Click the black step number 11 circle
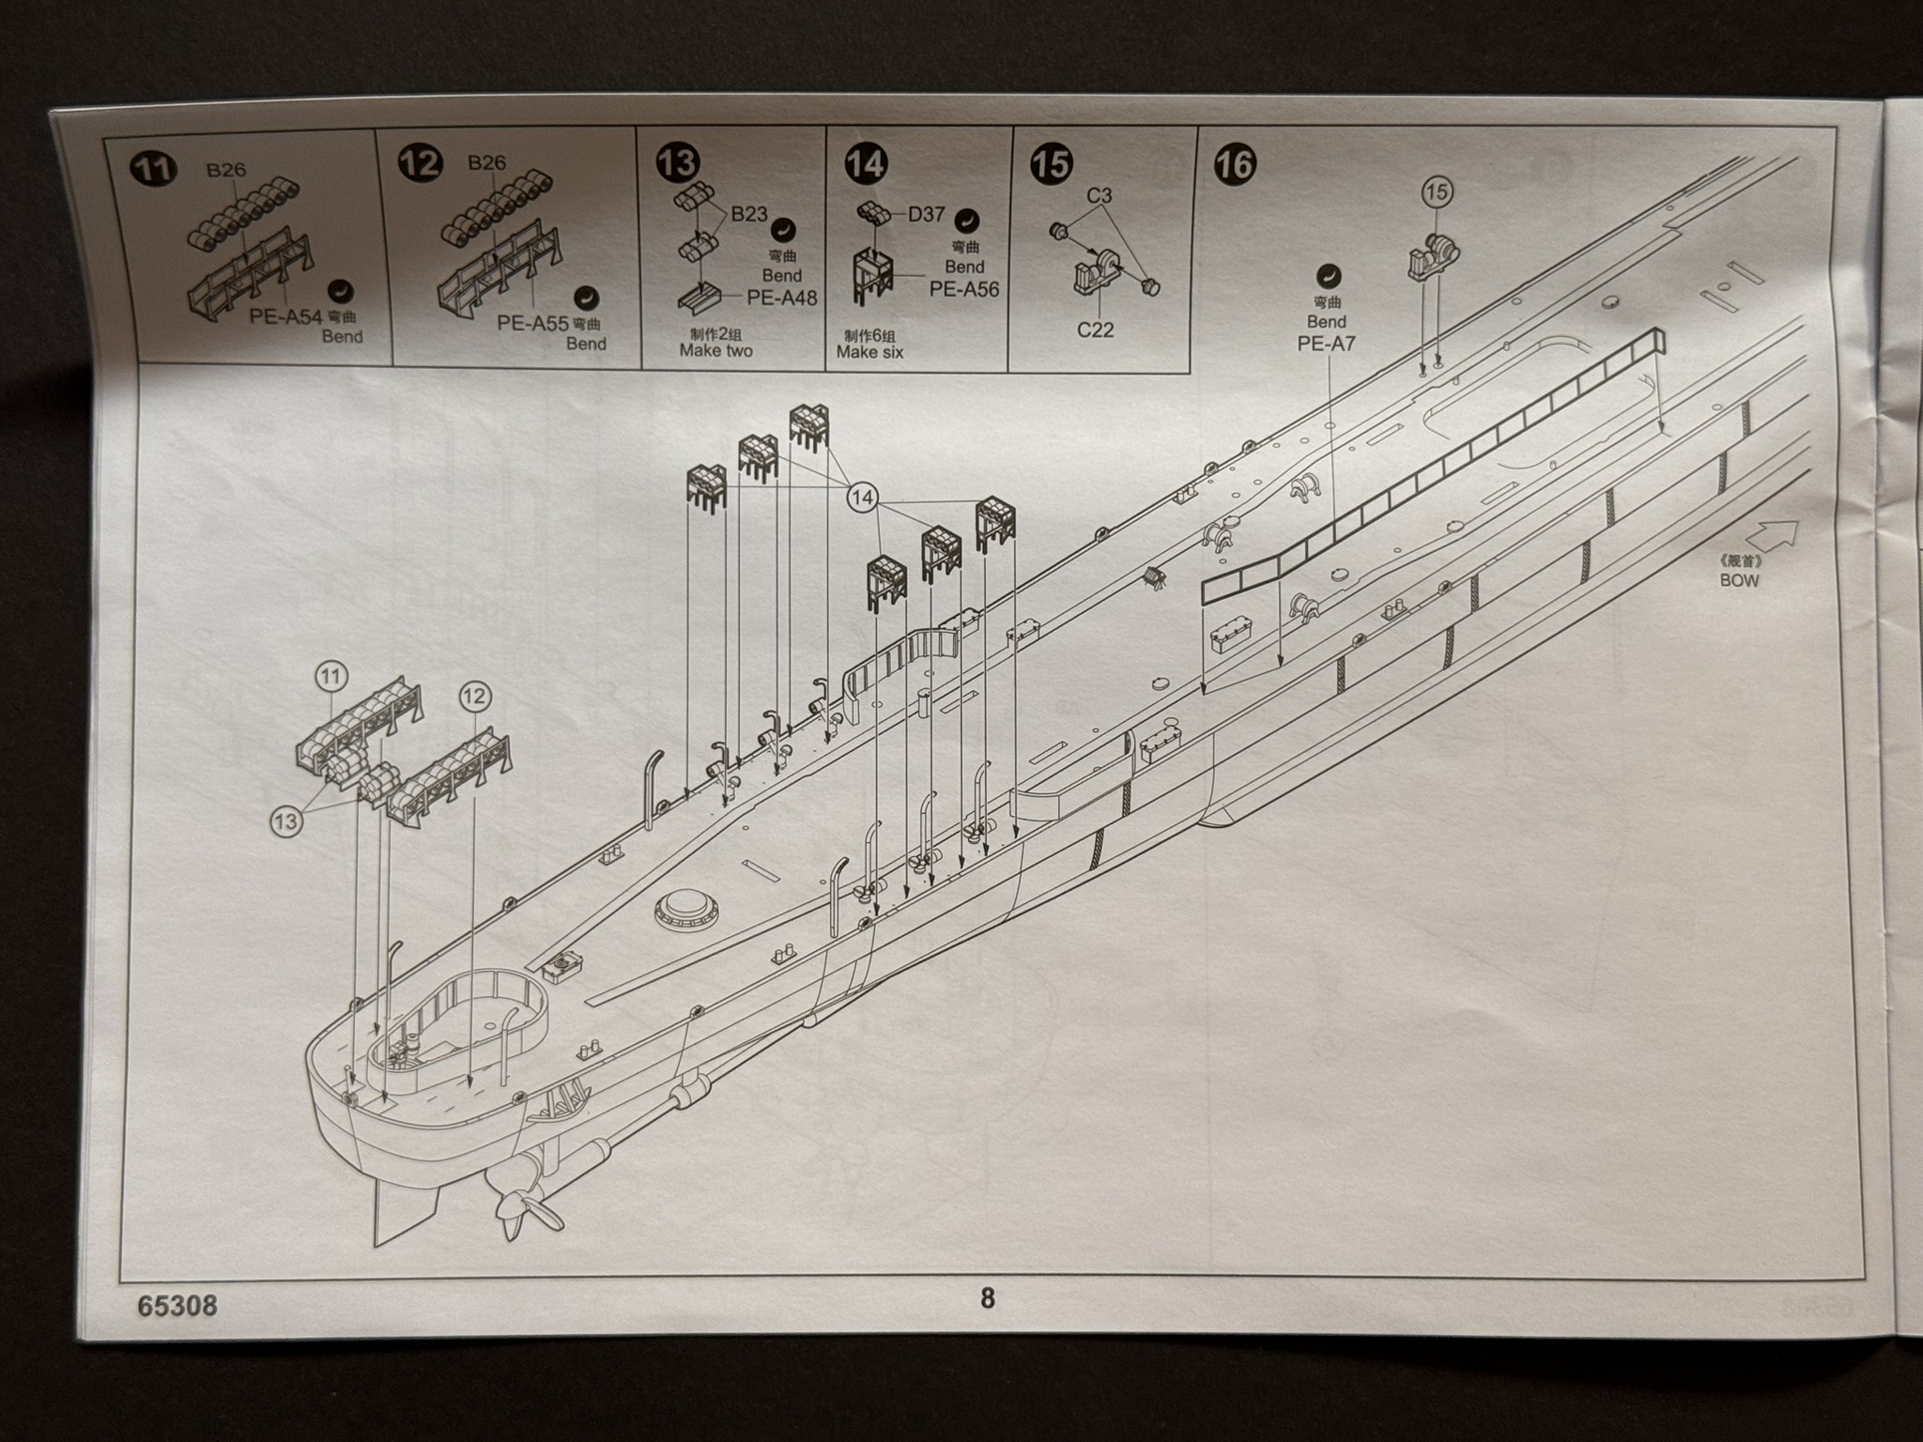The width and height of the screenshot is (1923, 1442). coord(153,169)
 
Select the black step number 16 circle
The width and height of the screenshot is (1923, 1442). coord(1234,163)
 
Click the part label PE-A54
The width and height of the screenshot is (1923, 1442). coord(286,315)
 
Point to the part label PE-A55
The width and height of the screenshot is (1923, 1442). coord(533,323)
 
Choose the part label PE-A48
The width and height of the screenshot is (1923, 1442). coord(782,298)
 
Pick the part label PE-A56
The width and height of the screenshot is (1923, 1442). coord(964,289)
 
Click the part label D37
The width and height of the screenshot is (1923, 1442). coord(926,214)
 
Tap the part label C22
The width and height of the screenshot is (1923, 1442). coord(1095,330)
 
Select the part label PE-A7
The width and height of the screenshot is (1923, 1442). coord(1326,344)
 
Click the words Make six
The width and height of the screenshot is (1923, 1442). coord(869,352)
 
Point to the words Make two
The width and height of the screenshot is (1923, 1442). coord(715,350)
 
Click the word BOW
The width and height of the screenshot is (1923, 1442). coord(1739,580)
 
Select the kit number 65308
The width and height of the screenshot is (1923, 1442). coord(177,1306)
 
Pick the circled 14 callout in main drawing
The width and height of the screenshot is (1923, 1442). coord(862,497)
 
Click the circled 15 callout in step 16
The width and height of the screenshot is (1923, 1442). coord(1437,192)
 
